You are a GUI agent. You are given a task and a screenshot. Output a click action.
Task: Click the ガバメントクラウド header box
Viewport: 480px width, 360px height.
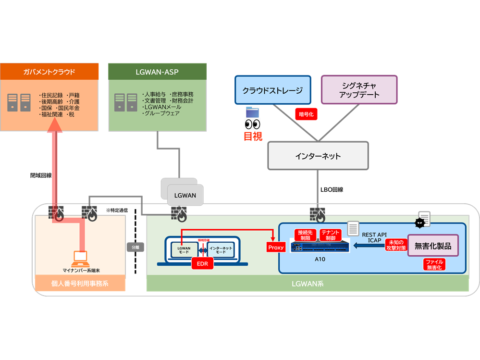[x=49, y=72]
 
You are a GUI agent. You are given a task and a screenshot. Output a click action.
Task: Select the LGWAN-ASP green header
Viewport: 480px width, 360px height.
[x=158, y=72]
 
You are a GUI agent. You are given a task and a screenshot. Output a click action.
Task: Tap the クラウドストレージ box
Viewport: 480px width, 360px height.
[x=272, y=90]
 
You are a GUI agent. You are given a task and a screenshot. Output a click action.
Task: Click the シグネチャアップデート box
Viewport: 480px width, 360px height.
[x=359, y=90]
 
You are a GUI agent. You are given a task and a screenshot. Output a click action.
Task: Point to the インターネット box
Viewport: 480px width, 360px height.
[x=318, y=156]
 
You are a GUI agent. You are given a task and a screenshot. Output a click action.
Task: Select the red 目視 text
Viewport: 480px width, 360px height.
[x=253, y=136]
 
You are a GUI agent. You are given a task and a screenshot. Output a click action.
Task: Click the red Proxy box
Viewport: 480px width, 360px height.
[x=276, y=248]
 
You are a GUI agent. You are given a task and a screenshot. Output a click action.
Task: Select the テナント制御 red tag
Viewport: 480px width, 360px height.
[x=331, y=235]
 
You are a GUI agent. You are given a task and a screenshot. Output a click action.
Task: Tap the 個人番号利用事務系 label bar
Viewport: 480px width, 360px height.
[x=80, y=284]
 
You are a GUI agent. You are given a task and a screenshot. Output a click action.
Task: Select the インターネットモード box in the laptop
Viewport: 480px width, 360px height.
[x=221, y=249]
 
